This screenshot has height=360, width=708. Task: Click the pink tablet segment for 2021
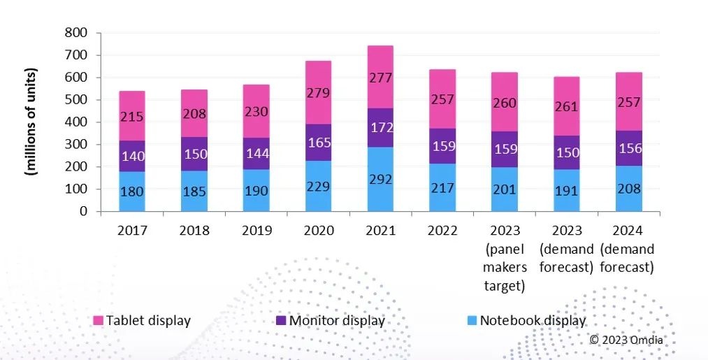[380, 77]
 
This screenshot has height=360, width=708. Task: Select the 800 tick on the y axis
[77, 33]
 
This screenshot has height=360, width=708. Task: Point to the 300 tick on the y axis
[77, 145]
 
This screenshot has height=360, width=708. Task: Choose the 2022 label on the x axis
[443, 230]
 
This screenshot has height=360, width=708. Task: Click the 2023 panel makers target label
[505, 258]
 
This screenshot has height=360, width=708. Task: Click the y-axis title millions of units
[32, 122]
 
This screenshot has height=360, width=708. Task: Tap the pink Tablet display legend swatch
[98, 321]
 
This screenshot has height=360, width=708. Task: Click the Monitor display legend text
[337, 321]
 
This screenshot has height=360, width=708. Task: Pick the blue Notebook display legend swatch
[472, 321]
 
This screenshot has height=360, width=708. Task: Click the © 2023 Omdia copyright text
[626, 340]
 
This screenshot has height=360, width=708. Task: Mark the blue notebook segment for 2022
[443, 187]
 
